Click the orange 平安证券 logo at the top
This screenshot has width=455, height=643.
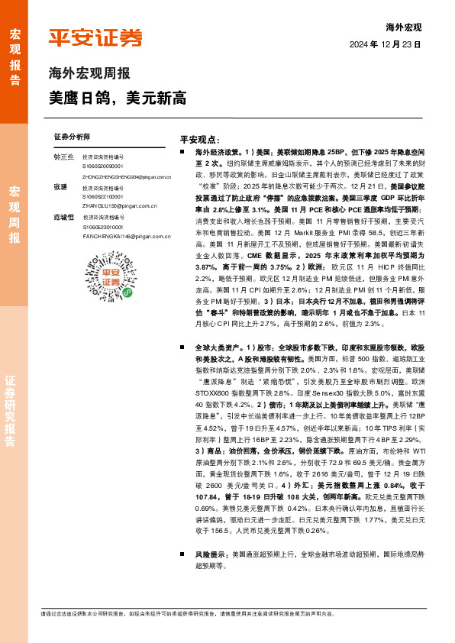click(95, 37)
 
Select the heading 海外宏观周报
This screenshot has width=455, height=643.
click(89, 74)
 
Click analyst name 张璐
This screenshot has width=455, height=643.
click(61, 187)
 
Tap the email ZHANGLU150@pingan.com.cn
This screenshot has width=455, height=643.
click(112, 206)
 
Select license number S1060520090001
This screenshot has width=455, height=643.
click(102, 166)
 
